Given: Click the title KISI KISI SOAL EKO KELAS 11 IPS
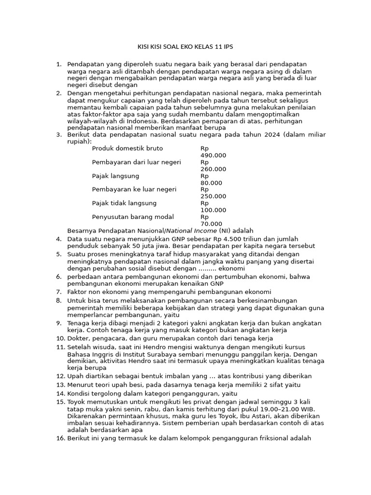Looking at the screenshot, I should coord(185,47).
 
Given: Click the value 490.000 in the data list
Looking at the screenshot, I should coord(213,156).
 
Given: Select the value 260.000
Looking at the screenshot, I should coord(213,169).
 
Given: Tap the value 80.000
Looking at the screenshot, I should coord(211,183).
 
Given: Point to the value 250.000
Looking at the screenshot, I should coord(213,196).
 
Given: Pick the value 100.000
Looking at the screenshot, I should coord(213,210).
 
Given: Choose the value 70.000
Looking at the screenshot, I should coord(211,224).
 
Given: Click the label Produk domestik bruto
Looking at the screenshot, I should coord(127,148).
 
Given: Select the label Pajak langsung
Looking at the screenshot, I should coord(115,176).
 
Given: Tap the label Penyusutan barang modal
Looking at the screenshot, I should coord(133,217).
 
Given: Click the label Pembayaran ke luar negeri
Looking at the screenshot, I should coord(134,189).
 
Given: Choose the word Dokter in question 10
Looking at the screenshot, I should coord(78,339).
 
